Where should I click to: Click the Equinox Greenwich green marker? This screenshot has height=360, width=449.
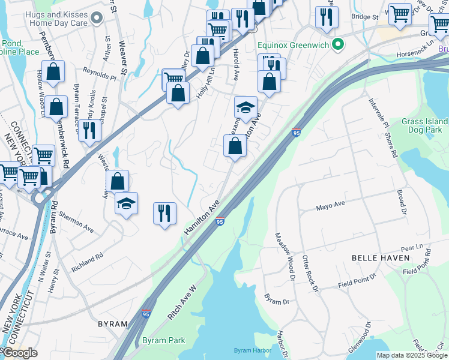[x=337, y=44]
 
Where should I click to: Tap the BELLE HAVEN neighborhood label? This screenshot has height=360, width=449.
[x=381, y=258]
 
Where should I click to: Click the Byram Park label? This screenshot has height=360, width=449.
[x=164, y=340]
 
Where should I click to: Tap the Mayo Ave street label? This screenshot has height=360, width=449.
[x=331, y=205]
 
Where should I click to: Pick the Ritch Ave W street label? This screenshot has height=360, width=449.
[x=183, y=301]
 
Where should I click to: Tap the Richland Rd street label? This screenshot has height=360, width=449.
[x=88, y=260]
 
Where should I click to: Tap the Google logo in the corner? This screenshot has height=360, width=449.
[x=19, y=353]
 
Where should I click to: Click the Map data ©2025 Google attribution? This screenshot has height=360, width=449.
[x=412, y=355]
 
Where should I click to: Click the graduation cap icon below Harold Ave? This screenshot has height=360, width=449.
[x=246, y=108]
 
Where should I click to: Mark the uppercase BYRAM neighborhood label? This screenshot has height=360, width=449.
[x=113, y=323]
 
